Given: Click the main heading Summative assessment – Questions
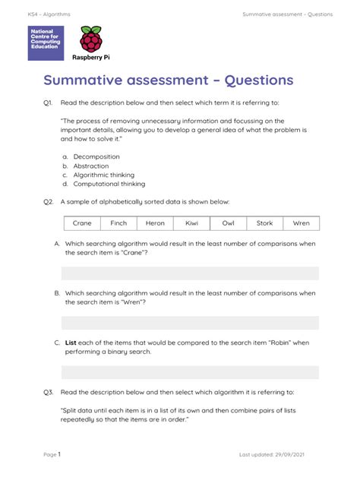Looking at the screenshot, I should (168, 81).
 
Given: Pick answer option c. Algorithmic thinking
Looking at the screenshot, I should (103, 175).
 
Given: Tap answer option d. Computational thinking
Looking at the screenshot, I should (109, 184).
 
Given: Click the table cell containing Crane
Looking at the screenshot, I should (82, 223).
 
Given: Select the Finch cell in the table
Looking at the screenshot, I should (118, 223).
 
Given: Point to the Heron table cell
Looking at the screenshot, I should (155, 223).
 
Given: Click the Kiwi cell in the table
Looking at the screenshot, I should (191, 223).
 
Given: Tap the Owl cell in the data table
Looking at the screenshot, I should (228, 223).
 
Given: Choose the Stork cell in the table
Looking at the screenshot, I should (264, 223).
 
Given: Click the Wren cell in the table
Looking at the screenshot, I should (301, 223).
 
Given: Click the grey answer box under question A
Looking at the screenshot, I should (190, 273).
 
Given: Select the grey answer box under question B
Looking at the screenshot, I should (190, 323).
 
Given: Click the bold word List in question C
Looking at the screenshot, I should (71, 343).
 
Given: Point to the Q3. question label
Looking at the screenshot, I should (48, 392).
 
